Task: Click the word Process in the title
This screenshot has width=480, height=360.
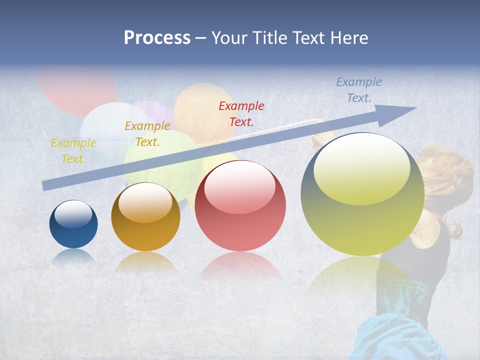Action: coord(157,38)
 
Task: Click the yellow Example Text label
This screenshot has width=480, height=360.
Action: coord(73,150)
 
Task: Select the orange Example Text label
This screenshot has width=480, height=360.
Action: coord(147,133)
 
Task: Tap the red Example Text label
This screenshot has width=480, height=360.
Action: coord(241,113)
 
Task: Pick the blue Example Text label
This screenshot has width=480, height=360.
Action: coord(359,90)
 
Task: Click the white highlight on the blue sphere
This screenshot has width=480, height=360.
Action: coord(73,214)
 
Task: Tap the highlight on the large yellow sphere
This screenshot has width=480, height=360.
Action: coord(361,169)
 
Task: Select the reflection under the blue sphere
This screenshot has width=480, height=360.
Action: coord(73,256)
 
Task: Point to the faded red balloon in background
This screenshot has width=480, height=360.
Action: coord(75,90)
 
